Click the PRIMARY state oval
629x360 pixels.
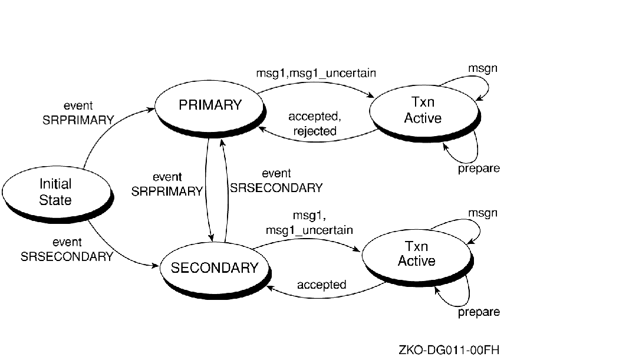210,106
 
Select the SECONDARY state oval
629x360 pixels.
215,268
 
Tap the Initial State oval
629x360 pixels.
55,192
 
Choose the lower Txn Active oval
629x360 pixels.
416,254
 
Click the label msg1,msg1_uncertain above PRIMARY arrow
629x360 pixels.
317,73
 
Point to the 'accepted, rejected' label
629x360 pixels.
315,124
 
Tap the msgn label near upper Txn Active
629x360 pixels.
483,68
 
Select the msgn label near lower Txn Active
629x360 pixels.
483,213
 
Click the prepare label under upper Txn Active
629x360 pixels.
479,169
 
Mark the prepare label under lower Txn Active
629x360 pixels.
479,312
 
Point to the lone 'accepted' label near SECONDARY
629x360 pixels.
321,285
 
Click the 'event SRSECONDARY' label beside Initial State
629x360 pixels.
67,249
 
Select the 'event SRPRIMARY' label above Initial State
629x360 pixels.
78,113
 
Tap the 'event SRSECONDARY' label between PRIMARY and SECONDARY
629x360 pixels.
276,181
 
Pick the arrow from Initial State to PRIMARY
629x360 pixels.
106,133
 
